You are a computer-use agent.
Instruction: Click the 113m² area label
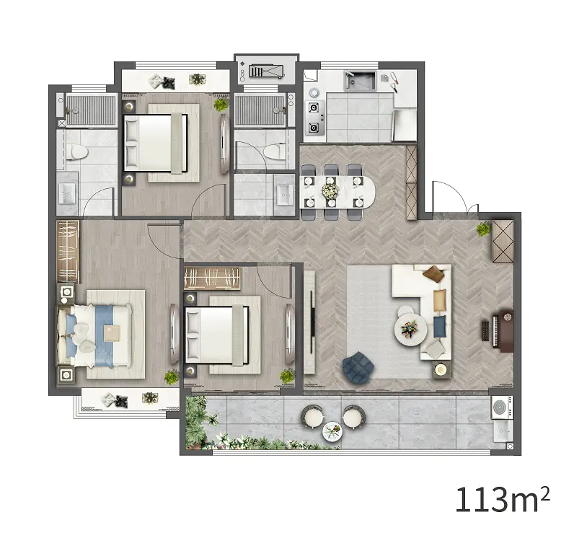(x=503, y=499)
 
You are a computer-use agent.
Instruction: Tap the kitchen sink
(x=360, y=81)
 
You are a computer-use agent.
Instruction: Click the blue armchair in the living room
(x=358, y=367)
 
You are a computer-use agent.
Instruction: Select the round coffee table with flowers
(x=410, y=330)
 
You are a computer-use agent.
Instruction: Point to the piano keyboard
(x=485, y=331)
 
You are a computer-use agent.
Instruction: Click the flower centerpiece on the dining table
(x=330, y=190)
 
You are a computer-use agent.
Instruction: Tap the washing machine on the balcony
(x=502, y=407)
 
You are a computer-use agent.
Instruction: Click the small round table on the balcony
(x=332, y=432)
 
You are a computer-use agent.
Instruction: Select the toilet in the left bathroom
(x=77, y=152)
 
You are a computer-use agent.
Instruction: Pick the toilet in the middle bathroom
(x=275, y=152)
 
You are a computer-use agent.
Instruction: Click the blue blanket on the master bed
(x=104, y=335)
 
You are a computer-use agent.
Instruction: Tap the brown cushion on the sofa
(x=433, y=273)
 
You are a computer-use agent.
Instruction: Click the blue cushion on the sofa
(x=439, y=326)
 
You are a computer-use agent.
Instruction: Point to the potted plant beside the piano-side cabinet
(x=484, y=229)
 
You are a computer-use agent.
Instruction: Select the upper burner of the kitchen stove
(x=314, y=108)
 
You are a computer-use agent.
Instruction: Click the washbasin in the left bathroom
(x=67, y=193)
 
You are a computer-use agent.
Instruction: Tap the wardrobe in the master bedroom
(x=68, y=251)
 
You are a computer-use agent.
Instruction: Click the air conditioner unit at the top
(x=266, y=71)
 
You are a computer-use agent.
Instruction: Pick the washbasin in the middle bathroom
(x=286, y=195)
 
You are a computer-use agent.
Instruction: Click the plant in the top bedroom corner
(x=221, y=105)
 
